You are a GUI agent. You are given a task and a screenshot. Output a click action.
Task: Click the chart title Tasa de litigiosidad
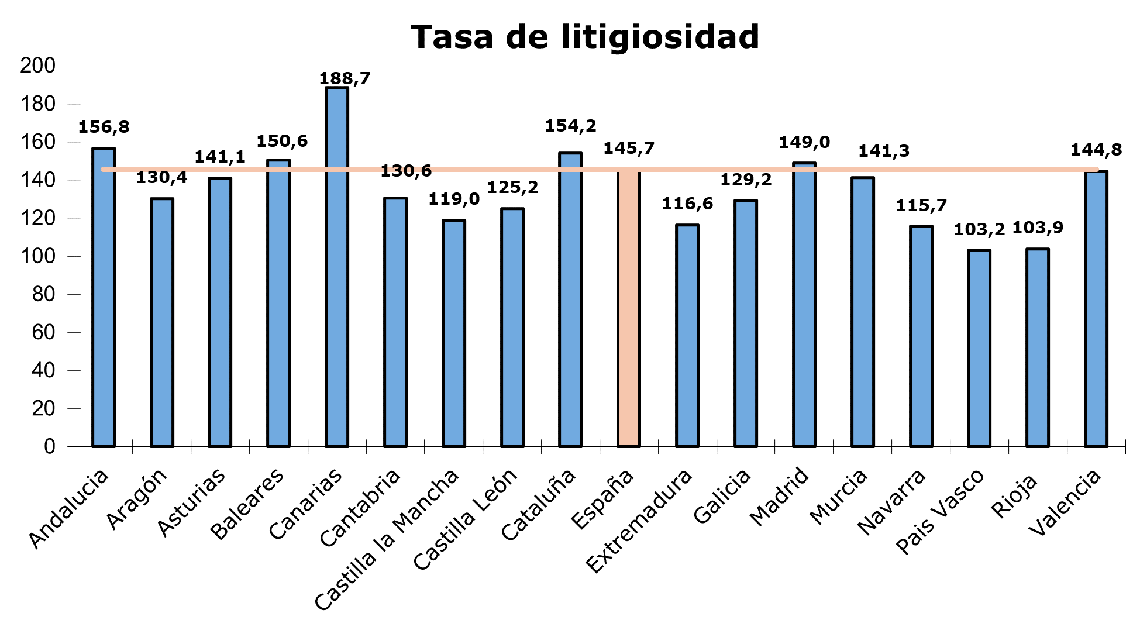coord(585,37)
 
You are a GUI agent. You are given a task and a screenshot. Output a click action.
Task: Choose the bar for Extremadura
coord(687,336)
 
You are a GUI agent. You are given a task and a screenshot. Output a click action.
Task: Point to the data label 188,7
coord(345,78)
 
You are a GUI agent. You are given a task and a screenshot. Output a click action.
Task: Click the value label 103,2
coord(979,229)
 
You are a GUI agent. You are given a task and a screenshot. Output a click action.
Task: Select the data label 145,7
coord(629,149)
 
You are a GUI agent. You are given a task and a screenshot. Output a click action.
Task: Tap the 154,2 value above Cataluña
coord(570,126)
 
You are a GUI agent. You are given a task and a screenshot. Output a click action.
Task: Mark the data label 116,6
coord(687,204)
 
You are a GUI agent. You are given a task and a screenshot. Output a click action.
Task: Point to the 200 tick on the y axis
coord(38,66)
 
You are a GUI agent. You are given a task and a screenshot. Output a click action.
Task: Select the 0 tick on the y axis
coord(50,447)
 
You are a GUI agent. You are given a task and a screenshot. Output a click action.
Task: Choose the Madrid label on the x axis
coord(779,497)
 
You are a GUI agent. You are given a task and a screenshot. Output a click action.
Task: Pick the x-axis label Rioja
coord(1014,495)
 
